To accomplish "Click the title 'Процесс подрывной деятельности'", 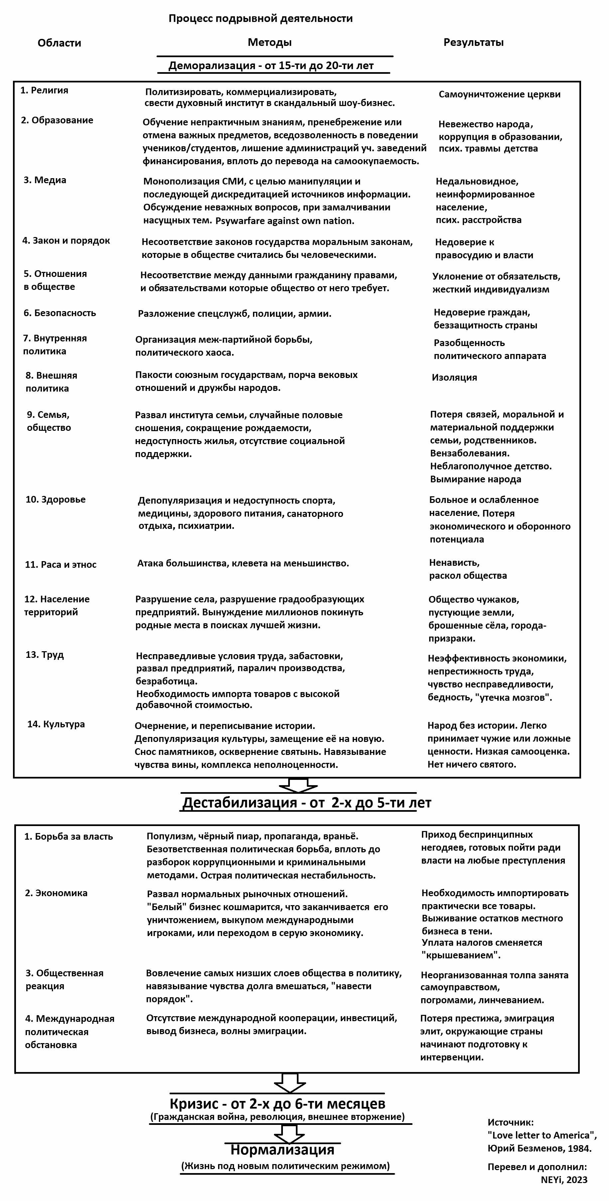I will click(260, 19).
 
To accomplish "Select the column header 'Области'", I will click(59, 43).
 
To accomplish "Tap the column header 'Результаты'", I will click(473, 43).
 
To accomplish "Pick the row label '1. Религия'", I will click(44, 90).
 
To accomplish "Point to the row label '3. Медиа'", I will click(45, 180).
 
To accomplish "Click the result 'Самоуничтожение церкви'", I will click(499, 94).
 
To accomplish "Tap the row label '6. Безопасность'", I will click(60, 313).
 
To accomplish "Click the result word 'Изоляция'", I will click(454, 378).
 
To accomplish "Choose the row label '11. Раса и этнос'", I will click(61, 565).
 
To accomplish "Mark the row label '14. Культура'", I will click(56, 724).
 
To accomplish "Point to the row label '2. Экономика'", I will click(56, 893).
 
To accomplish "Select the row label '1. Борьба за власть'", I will click(68, 836).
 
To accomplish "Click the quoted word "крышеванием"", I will click(460, 955).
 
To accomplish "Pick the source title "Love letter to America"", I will click(542, 1135).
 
